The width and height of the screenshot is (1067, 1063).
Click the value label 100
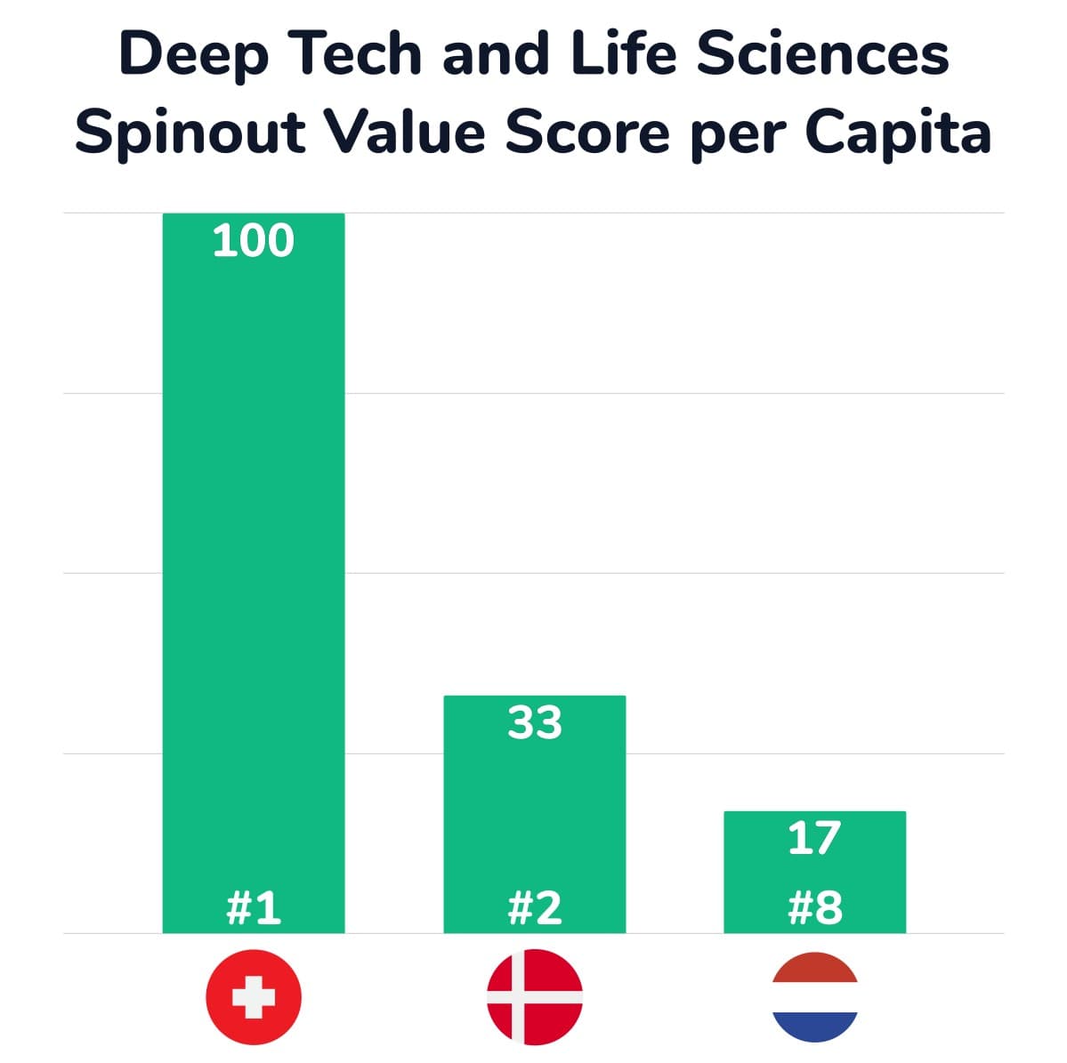click(x=253, y=241)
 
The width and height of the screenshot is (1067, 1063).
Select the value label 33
click(x=535, y=723)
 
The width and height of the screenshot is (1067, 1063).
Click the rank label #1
click(x=254, y=908)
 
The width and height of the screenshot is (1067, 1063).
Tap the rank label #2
click(x=535, y=908)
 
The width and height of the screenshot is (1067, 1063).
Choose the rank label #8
click(x=814, y=908)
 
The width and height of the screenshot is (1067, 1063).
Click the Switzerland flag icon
click(x=254, y=997)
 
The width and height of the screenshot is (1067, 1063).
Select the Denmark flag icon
click(x=535, y=997)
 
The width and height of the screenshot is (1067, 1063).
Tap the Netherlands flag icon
click(x=814, y=997)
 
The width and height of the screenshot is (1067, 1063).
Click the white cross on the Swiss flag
click(x=254, y=997)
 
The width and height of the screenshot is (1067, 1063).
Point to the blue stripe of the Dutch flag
click(x=814, y=1027)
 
